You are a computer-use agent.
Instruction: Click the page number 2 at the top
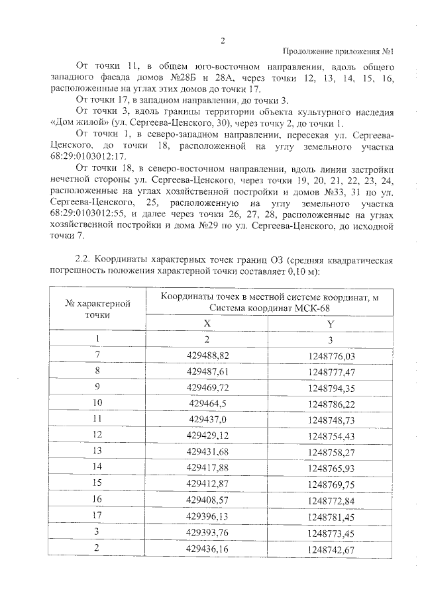(x=223, y=40)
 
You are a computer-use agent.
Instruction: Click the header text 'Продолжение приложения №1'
(x=339, y=52)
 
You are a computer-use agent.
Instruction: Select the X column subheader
(x=207, y=323)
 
